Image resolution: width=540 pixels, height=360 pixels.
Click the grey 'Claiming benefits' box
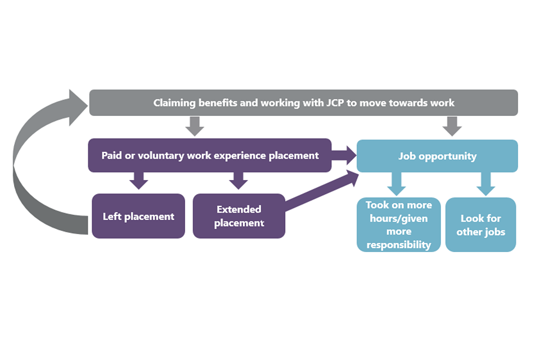[x=303, y=103]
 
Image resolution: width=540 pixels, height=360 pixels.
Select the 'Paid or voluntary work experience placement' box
[x=210, y=155]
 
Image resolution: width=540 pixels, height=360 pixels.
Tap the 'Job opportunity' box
[x=437, y=156]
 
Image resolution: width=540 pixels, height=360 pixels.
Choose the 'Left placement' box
[x=138, y=216]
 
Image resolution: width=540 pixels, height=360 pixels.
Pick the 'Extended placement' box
[x=238, y=216]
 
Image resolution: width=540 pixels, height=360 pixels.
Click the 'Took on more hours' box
[x=398, y=224]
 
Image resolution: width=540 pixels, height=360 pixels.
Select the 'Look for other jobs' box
[x=480, y=224]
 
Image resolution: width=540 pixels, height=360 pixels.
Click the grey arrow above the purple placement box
[x=195, y=127]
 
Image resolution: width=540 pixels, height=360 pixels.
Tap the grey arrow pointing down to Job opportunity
[x=452, y=127]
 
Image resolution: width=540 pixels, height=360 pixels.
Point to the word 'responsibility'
[x=398, y=245]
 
